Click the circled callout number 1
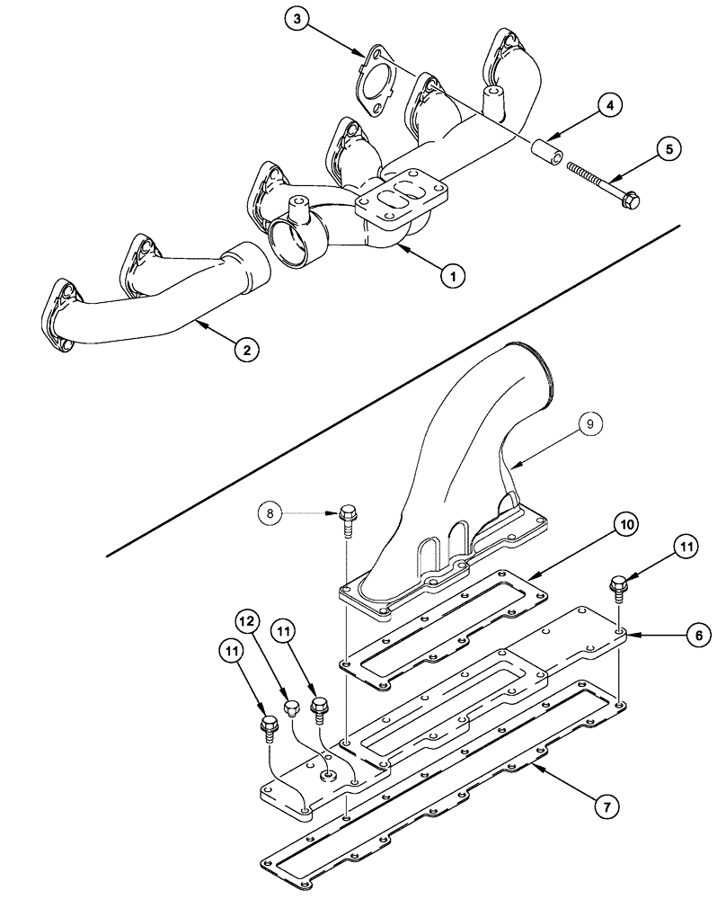coord(455,276)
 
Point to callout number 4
coord(609,105)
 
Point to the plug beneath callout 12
coord(292,709)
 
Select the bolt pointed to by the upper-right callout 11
coord(618,586)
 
